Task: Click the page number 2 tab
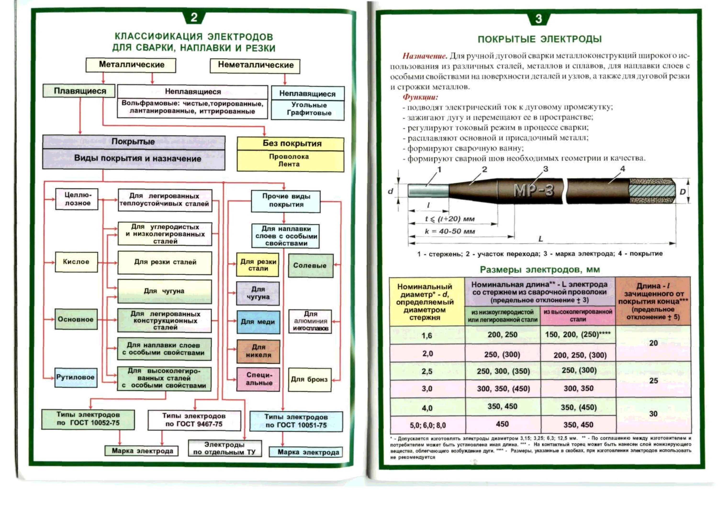tap(194, 17)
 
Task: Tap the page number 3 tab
tap(538, 19)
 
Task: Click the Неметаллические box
tap(255, 65)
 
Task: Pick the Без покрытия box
tap(291, 144)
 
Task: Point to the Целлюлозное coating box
tap(77, 199)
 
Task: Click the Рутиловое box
tap(76, 377)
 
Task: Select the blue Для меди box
tap(258, 322)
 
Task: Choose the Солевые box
tap(310, 266)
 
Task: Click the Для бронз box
tap(310, 379)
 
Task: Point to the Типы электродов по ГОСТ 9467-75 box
tap(194, 420)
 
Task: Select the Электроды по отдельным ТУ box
tap(225, 448)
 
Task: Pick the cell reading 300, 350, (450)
tap(503, 389)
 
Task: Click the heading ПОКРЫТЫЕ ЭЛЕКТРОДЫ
tap(539, 39)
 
